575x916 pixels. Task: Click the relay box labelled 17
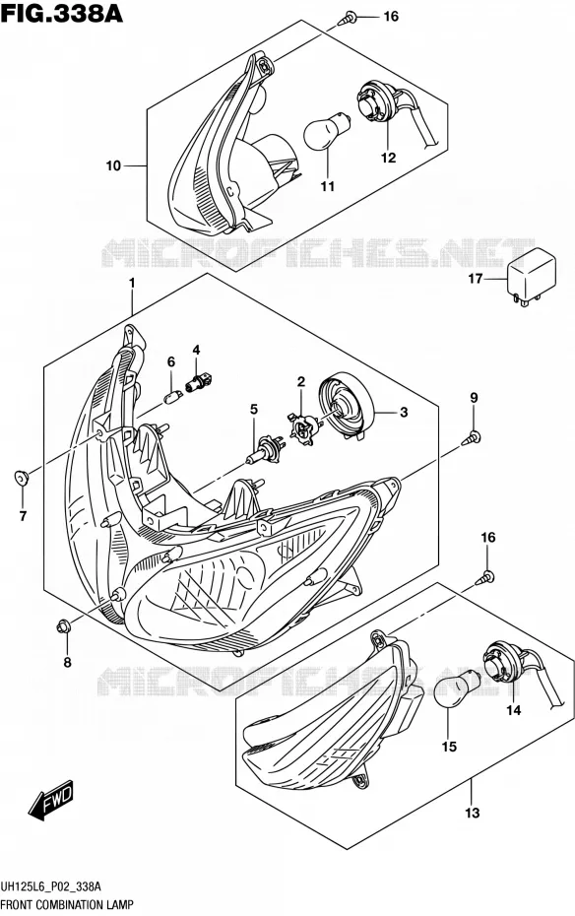(x=531, y=275)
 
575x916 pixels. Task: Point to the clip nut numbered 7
(x=22, y=478)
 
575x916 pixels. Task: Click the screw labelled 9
(x=472, y=438)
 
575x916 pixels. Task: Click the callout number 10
(x=113, y=165)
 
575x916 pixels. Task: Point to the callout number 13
(x=473, y=813)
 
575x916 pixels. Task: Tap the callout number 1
(x=132, y=284)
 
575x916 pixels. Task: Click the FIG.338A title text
(x=62, y=13)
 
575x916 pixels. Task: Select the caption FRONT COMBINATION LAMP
(x=67, y=905)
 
